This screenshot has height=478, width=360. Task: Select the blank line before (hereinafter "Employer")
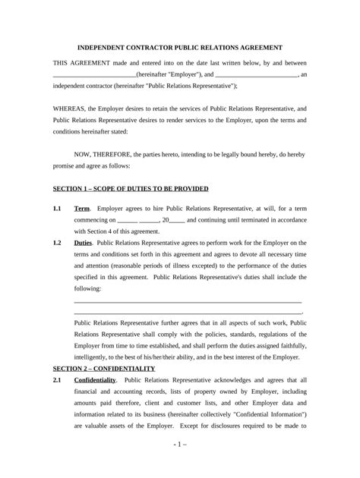(94, 75)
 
